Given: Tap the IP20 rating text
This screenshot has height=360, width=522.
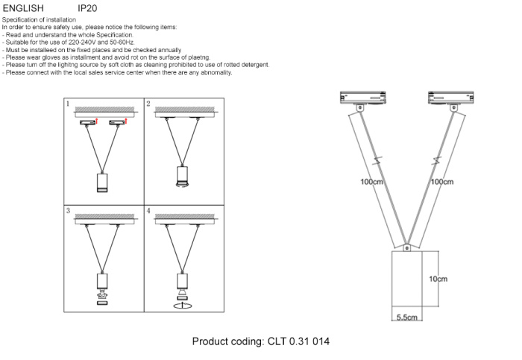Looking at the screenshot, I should (x=88, y=8).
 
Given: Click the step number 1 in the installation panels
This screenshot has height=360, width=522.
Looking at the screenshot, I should (x=68, y=104).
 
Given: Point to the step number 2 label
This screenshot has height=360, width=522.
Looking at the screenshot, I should (x=148, y=104).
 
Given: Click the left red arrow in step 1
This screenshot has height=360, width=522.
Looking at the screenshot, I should (x=97, y=121).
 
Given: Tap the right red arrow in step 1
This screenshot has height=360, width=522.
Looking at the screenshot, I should (x=128, y=121).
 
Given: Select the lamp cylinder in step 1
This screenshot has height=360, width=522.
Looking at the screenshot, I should (x=103, y=183).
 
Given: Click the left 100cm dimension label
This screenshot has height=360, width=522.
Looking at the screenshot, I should (x=371, y=181).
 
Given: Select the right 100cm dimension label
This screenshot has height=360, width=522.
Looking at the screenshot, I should (x=441, y=181).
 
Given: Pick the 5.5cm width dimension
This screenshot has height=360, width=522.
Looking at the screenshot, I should (x=406, y=318).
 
